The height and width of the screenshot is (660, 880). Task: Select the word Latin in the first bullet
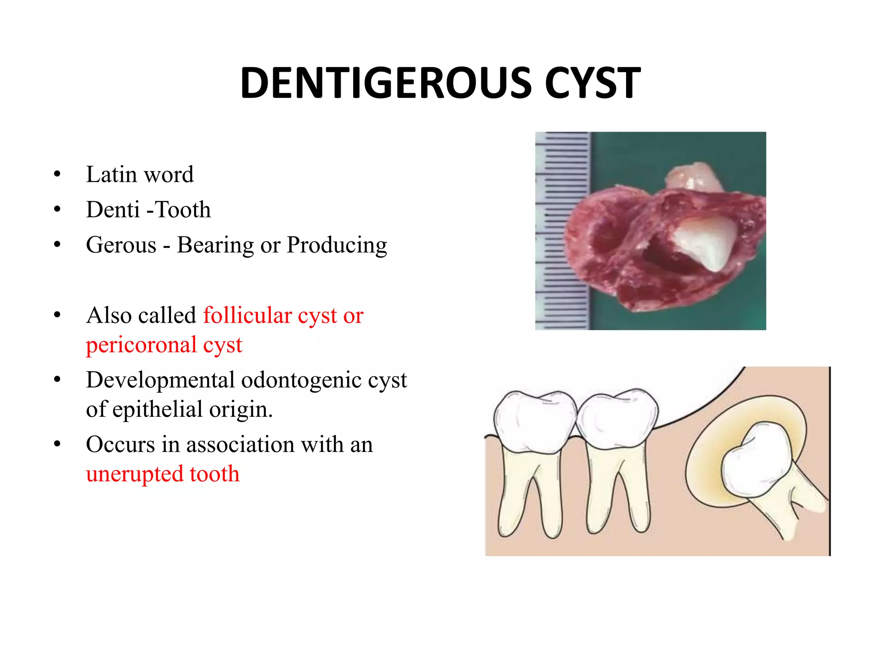111,174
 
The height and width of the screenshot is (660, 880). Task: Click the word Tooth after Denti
183,210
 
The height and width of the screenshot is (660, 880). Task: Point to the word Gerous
121,245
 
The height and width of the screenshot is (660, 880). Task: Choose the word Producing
337,246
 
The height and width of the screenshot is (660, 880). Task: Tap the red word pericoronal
141,345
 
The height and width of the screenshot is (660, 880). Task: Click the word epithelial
158,409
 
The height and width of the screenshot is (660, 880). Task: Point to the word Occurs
120,444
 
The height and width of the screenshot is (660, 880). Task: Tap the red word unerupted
134,474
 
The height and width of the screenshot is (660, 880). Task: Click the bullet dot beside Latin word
57,174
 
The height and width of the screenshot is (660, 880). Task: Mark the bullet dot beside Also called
57,315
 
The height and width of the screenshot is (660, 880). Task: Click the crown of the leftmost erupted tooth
535,421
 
